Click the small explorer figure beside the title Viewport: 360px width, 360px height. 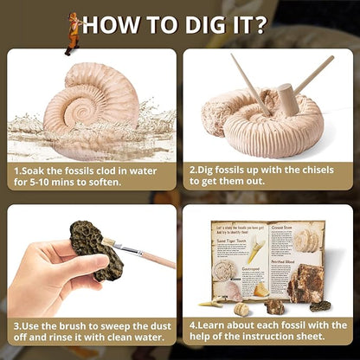tap(73, 32)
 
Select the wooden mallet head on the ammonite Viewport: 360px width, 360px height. tap(287, 97)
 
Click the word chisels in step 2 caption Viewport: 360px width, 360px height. tap(327, 171)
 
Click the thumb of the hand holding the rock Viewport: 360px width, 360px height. tap(62, 260)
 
